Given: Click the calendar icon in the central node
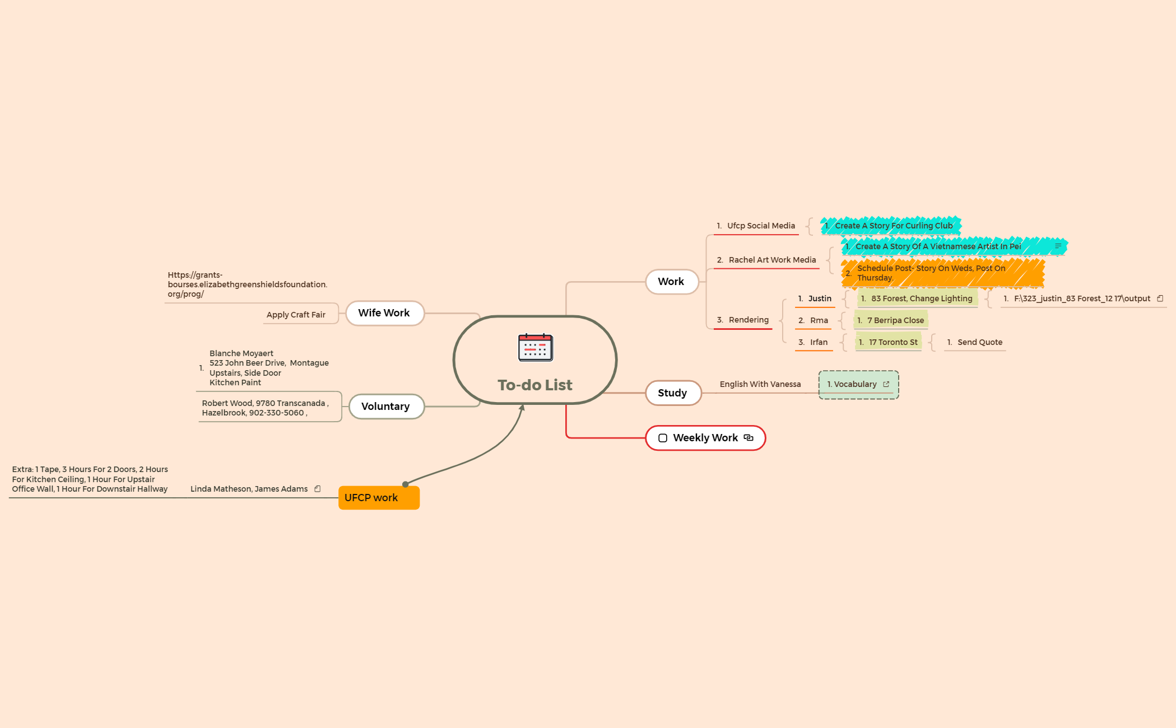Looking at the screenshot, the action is pos(535,347).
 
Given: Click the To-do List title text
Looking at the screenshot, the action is pos(535,385).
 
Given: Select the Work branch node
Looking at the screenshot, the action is pos(672,282).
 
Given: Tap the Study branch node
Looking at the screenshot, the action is pos(673,393).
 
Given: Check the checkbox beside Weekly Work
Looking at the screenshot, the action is pos(663,438).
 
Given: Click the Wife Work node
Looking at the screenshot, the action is pos(384,313).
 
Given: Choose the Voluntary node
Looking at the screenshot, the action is pos(386,407).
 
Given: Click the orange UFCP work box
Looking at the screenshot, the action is pos(379,498).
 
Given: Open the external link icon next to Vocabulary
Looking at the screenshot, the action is pos(886,384).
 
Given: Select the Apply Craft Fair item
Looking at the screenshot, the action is pos(296,315).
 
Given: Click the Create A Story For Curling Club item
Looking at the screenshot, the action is pos(891,226).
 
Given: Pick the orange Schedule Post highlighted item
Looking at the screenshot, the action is pos(943,273).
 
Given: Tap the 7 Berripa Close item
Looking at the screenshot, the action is pos(891,320).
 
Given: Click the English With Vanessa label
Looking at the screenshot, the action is pos(760,384).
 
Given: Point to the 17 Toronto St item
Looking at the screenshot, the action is pos(889,342).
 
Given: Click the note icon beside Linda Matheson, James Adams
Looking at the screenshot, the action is pos(318,489).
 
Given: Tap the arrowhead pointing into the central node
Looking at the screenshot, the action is pos(522,408).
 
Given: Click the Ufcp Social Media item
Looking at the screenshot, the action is pos(756,226).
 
